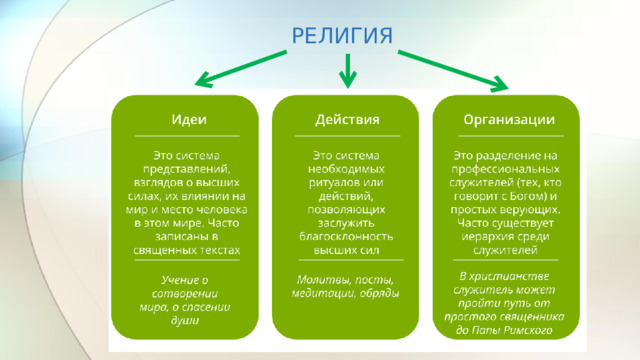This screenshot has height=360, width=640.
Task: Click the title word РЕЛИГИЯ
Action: pyautogui.click(x=342, y=35)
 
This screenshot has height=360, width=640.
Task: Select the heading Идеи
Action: pyautogui.click(x=187, y=119)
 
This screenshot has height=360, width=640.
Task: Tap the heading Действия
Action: pyautogui.click(x=347, y=119)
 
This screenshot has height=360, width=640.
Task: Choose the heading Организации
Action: pyautogui.click(x=508, y=119)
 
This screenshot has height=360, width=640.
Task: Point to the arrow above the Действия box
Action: pyautogui.click(x=348, y=70)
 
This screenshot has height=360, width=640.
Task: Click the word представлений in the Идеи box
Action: pyautogui.click(x=195, y=170)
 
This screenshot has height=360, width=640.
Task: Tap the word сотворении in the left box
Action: pyautogui.click(x=187, y=294)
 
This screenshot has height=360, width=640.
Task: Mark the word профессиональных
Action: pyautogui.click(x=508, y=170)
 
